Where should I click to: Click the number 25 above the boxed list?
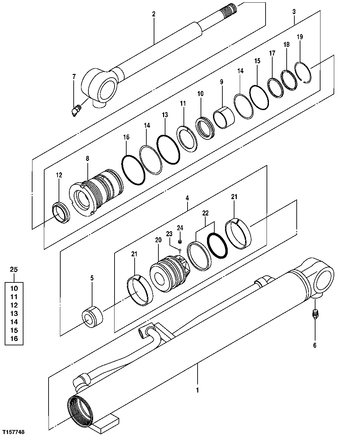coord(14,269)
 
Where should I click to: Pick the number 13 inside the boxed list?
coord(14,314)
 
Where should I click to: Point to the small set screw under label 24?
coord(180,242)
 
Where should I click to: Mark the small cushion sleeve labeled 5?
coord(92,317)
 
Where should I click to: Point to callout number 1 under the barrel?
coord(198,390)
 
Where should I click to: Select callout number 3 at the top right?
coord(294,12)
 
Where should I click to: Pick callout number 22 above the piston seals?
coord(205,213)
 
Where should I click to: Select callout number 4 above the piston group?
coord(187,198)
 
